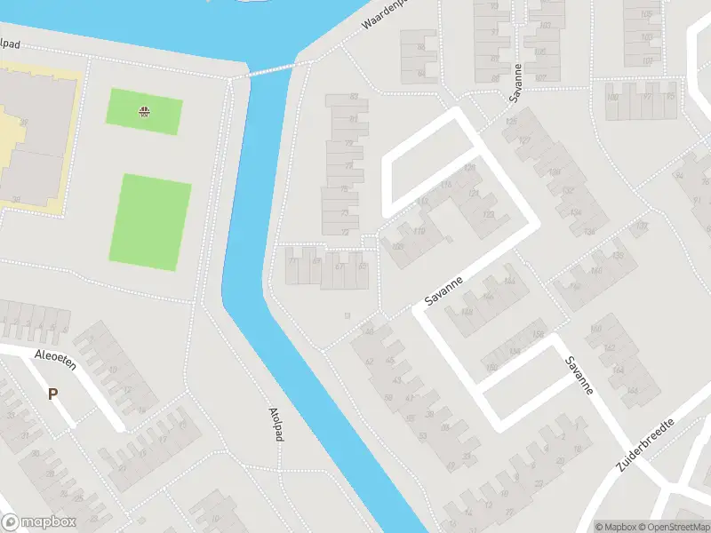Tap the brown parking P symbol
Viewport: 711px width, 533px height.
click(52, 394)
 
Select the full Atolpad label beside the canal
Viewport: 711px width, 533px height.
click(275, 420)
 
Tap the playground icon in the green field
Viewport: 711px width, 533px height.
click(144, 111)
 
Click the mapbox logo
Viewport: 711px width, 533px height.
click(39, 522)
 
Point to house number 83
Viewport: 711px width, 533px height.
click(355, 97)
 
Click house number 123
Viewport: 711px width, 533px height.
click(487, 214)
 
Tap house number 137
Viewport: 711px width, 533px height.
click(642, 227)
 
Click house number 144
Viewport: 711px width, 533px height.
click(508, 282)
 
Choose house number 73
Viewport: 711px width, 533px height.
click(343, 213)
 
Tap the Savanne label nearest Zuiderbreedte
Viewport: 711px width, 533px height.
click(579, 376)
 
